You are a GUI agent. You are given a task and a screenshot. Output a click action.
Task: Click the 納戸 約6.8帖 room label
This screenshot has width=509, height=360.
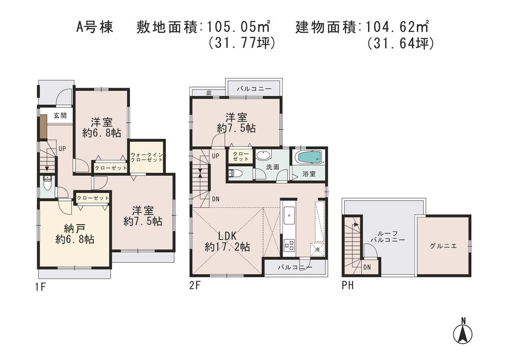[x=74, y=233]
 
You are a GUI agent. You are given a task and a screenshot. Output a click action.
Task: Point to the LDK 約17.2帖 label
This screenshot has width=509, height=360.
[x=227, y=241]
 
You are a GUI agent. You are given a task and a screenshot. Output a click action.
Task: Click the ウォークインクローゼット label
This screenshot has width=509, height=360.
[x=147, y=157]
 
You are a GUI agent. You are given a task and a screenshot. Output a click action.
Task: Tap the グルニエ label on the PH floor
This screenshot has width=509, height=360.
[x=443, y=245]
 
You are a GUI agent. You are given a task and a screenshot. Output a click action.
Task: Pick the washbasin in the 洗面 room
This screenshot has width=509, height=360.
[x=263, y=156]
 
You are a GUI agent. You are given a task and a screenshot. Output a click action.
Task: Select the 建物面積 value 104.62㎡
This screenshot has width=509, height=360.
[x=395, y=25]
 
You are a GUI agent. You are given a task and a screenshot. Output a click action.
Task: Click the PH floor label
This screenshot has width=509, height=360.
[x=348, y=286]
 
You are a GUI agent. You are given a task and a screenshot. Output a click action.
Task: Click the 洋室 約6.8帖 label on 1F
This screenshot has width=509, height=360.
[x=101, y=127]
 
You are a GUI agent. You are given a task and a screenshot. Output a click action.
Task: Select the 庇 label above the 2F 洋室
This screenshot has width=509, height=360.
[x=209, y=93]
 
